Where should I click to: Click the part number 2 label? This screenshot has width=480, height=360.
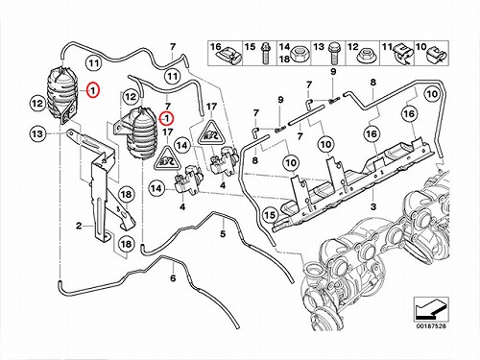[79, 226]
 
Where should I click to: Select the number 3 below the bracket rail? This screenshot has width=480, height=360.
[373, 206]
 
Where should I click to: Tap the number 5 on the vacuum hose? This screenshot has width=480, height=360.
[223, 233]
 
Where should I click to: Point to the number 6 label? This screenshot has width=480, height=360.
[173, 278]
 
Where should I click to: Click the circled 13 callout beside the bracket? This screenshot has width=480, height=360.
[37, 133]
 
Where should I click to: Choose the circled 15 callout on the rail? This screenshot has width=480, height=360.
[270, 215]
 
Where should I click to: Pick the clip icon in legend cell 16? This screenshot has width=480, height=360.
[231, 55]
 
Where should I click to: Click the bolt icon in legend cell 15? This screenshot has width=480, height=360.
[265, 53]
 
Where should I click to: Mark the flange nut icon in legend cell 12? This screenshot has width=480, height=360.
[366, 56]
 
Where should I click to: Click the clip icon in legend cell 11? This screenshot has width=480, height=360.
[401, 54]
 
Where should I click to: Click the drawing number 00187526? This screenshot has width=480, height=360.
[431, 326]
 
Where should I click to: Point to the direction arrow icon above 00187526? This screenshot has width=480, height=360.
[431, 309]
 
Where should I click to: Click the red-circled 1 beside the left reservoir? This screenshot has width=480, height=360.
[93, 90]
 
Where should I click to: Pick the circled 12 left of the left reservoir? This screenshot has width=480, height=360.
[37, 104]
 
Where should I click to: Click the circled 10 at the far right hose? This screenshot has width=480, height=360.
[432, 94]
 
